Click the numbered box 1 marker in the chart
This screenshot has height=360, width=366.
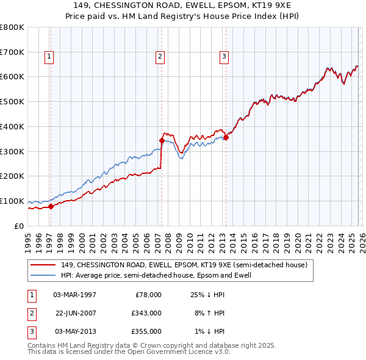pos(49,57)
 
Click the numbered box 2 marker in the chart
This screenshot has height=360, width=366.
pos(160,57)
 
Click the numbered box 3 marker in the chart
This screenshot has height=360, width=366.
pos(224,57)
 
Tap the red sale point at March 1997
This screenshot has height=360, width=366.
pos(51,206)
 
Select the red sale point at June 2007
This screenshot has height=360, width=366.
pos(162,140)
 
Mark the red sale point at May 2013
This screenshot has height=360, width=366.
pos(226,137)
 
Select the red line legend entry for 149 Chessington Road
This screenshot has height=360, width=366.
pos(187,265)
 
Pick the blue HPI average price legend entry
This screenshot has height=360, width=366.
pos(156,275)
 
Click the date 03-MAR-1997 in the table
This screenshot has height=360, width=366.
pos(74,295)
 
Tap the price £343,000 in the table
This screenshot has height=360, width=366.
pos(147,313)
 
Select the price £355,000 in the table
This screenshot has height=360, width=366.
pos(147,331)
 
